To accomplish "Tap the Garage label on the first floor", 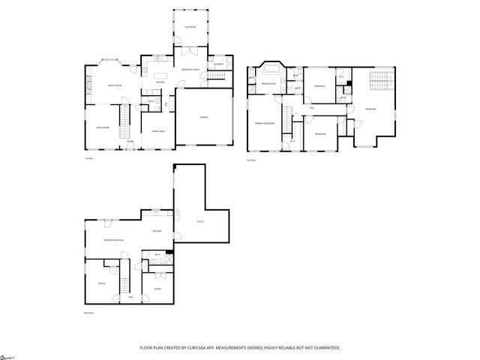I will (203, 118).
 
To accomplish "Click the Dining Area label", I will (158, 132).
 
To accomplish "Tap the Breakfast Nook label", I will (190, 70).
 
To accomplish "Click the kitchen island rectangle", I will (160, 75).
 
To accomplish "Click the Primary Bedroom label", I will (264, 122).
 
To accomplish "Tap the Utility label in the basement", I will (200, 222).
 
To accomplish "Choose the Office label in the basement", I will (100, 283).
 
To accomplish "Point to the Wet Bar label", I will (158, 231).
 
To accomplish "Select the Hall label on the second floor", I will (311, 109).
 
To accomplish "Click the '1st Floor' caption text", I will (89, 159).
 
